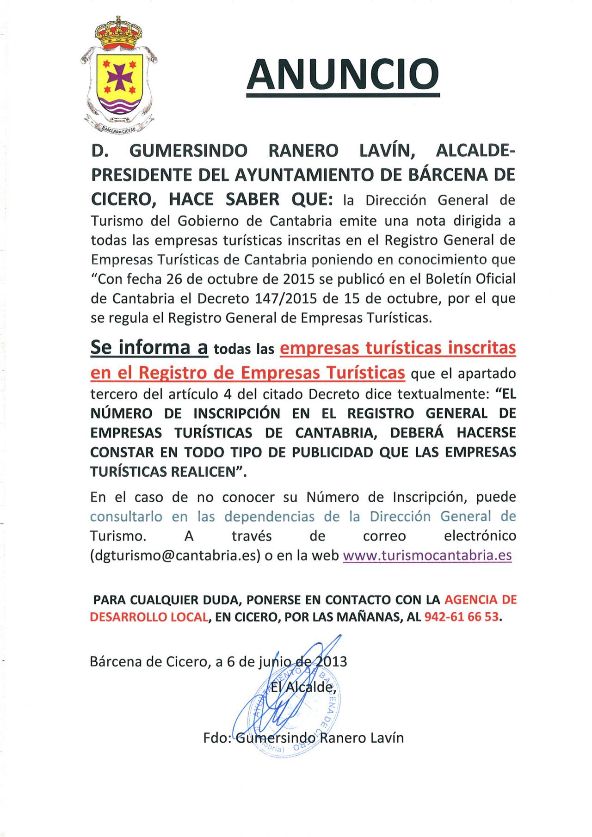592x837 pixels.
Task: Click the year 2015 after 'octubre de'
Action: (x=287, y=279)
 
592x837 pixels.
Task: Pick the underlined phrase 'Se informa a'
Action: (x=149, y=348)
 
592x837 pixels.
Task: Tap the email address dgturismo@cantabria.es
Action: (x=175, y=555)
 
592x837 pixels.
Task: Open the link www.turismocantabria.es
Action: (x=427, y=555)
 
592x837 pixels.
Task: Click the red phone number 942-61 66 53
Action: (x=462, y=617)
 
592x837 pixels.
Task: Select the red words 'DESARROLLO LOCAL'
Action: (x=148, y=617)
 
